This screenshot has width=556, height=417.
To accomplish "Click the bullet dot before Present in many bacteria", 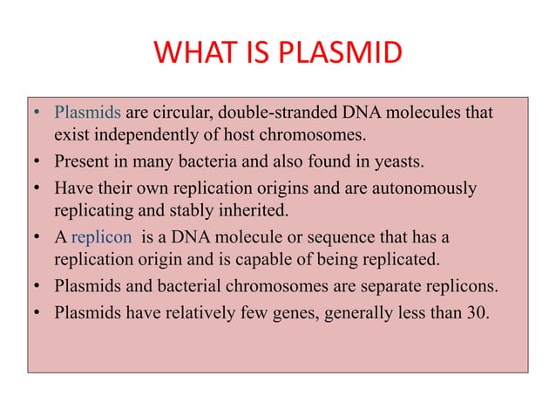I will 38,162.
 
